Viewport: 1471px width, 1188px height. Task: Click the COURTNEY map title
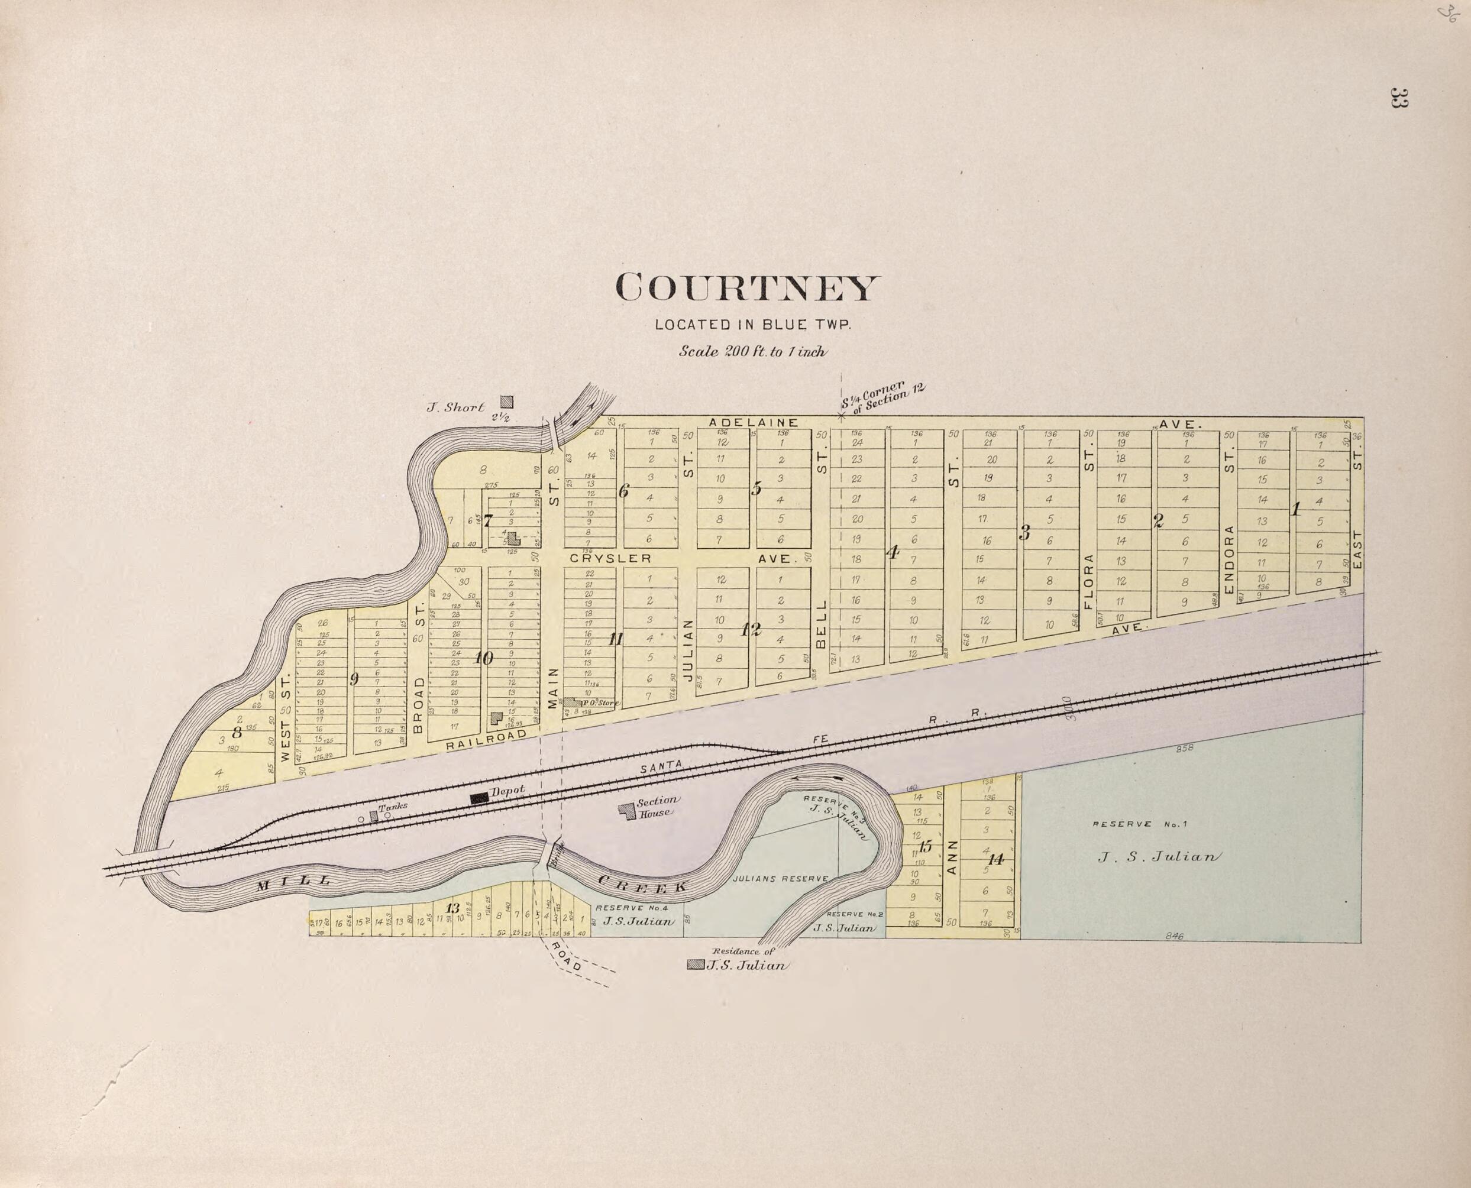click(745, 287)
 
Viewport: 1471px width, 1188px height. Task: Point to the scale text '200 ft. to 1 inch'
click(753, 352)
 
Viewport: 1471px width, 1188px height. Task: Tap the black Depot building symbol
click(479, 798)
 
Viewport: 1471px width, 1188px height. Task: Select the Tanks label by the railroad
click(393, 806)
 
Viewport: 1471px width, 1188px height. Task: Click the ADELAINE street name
click(753, 422)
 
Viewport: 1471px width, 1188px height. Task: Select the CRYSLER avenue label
click(610, 558)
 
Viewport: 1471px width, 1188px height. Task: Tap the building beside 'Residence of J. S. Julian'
click(695, 965)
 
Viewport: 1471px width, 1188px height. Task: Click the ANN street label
click(951, 857)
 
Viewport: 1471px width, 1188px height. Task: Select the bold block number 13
click(452, 909)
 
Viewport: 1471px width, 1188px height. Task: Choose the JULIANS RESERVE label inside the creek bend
click(780, 879)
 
